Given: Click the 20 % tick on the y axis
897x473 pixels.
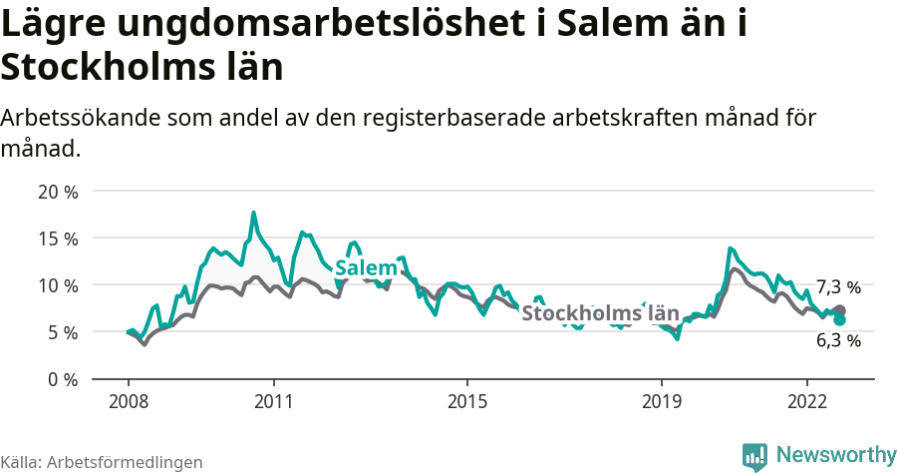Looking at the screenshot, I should (57, 192).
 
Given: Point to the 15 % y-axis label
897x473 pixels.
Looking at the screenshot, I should (57, 238).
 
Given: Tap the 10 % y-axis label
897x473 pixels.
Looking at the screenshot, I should (57, 285).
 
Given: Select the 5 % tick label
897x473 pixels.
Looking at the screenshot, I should (62, 332).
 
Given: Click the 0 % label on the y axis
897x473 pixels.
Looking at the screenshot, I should (62, 379).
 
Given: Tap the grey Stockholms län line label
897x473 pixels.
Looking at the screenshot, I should (600, 313).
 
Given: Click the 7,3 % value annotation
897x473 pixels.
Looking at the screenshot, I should (838, 287).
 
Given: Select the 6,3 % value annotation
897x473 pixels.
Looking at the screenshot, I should (838, 340).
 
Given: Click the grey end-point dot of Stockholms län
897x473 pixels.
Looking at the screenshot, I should (839, 310).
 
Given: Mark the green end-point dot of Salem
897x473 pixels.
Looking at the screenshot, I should (839, 320).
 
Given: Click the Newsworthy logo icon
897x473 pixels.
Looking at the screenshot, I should (754, 456).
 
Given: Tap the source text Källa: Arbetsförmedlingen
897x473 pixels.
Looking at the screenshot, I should (102, 462).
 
